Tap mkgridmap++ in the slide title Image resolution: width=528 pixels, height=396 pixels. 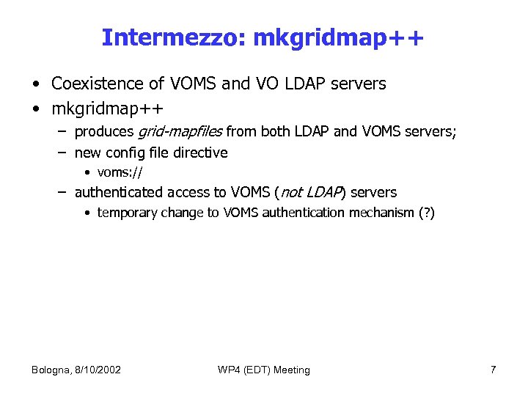click(x=338, y=37)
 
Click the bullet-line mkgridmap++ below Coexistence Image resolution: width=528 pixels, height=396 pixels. click(x=107, y=109)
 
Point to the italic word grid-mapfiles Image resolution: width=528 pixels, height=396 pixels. click(x=180, y=132)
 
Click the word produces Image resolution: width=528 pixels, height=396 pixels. click(x=105, y=133)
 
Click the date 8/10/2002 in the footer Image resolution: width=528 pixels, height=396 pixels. click(x=98, y=370)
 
